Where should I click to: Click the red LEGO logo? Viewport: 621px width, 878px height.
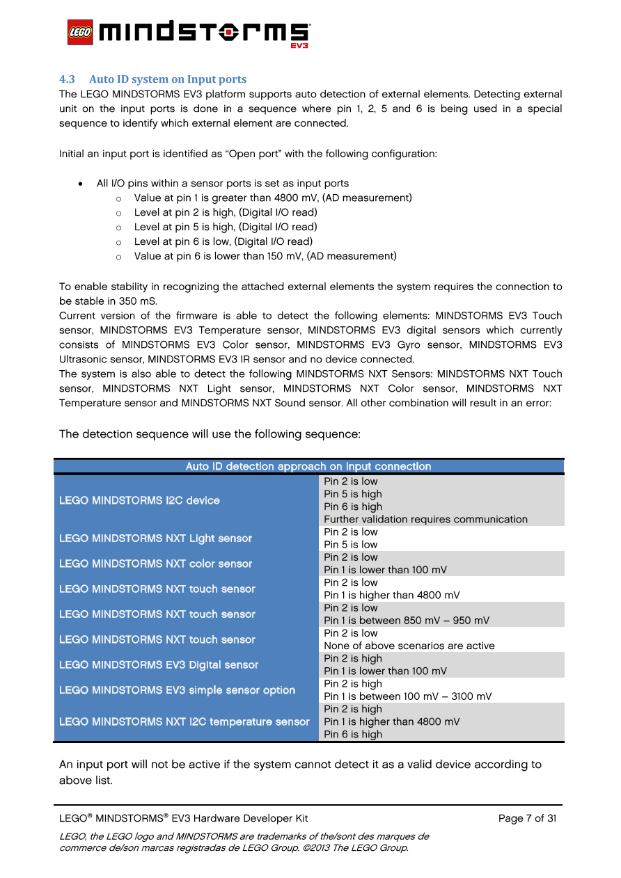(80, 33)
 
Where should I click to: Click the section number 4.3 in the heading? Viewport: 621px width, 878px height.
(67, 79)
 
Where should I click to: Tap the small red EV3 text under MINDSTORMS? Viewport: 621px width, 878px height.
(299, 46)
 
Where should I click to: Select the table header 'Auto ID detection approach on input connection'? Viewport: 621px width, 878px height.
(308, 467)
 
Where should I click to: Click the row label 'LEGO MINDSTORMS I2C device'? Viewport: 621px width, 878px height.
(139, 500)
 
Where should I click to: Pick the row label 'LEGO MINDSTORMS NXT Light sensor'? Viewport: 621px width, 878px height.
(155, 538)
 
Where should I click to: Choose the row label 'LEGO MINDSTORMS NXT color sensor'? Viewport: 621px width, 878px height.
(155, 564)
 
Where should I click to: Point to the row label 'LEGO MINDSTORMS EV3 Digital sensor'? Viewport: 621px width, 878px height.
(159, 665)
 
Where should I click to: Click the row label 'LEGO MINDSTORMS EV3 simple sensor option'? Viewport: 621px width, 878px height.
(177, 690)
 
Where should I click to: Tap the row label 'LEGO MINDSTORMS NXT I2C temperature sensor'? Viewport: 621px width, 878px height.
(184, 721)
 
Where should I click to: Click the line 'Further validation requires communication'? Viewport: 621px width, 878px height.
(425, 519)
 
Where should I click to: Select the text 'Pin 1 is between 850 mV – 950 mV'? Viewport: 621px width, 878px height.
(407, 621)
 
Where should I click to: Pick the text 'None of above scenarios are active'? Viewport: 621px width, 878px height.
(409, 646)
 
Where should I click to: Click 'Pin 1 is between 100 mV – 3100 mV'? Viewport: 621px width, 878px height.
(408, 696)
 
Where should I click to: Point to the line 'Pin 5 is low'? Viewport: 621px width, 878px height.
(351, 545)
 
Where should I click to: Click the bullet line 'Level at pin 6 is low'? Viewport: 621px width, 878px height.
(223, 241)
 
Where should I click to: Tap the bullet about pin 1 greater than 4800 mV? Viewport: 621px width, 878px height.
(273, 198)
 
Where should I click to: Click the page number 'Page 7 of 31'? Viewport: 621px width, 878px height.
(527, 818)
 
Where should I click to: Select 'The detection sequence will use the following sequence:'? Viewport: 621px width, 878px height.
(210, 434)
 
